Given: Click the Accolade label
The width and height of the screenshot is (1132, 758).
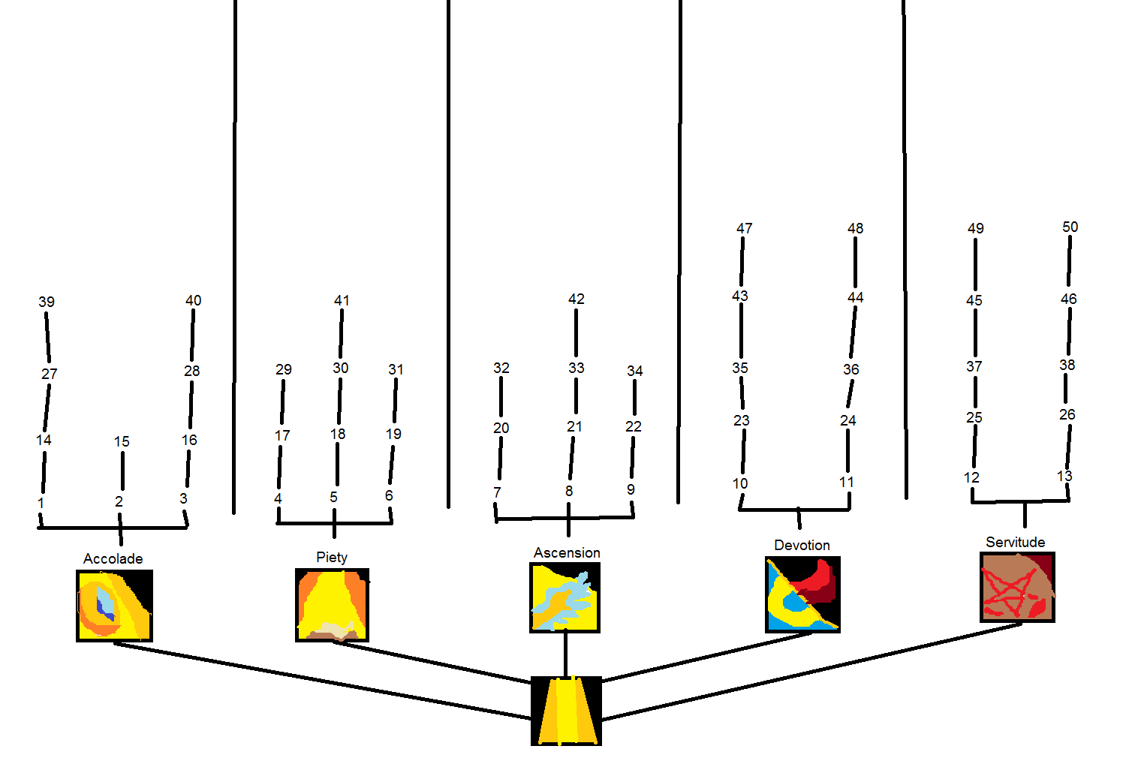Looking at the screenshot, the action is pyautogui.click(x=113, y=558).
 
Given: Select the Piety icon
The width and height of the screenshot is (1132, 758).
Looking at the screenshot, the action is pyautogui.click(x=333, y=605).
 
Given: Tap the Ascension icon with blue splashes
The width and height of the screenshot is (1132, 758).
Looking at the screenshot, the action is pyautogui.click(x=564, y=597).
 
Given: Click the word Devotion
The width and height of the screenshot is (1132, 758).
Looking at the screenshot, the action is pyautogui.click(x=802, y=545).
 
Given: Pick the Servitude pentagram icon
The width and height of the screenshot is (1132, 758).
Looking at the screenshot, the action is pyautogui.click(x=1017, y=587).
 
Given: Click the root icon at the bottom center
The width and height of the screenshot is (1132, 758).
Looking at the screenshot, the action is pyautogui.click(x=566, y=711).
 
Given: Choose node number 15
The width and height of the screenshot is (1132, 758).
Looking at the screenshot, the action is pyautogui.click(x=122, y=441).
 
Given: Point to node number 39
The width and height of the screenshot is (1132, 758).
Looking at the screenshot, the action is pyautogui.click(x=47, y=302).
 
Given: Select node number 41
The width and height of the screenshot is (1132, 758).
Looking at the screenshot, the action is pyautogui.click(x=342, y=300).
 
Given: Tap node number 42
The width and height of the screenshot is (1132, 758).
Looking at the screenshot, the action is pyautogui.click(x=577, y=299).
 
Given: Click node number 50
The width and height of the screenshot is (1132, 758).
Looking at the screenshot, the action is pyautogui.click(x=1070, y=227).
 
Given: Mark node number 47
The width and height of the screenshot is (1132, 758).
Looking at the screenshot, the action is pyautogui.click(x=744, y=228).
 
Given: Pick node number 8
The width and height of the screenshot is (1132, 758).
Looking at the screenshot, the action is pyautogui.click(x=569, y=491).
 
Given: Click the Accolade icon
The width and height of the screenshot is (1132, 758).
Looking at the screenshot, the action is pyautogui.click(x=114, y=605).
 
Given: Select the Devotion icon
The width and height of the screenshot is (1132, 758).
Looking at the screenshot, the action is pyautogui.click(x=802, y=594).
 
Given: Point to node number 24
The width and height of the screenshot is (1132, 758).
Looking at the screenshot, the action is pyautogui.click(x=848, y=420).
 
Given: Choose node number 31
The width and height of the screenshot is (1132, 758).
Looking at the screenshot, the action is pyautogui.click(x=396, y=369).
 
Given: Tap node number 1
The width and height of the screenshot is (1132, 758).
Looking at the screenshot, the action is pyautogui.click(x=41, y=503).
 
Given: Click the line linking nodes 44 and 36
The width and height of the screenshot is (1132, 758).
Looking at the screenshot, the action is pyautogui.click(x=854, y=332).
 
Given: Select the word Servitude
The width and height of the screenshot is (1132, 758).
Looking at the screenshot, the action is pyautogui.click(x=1015, y=542).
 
